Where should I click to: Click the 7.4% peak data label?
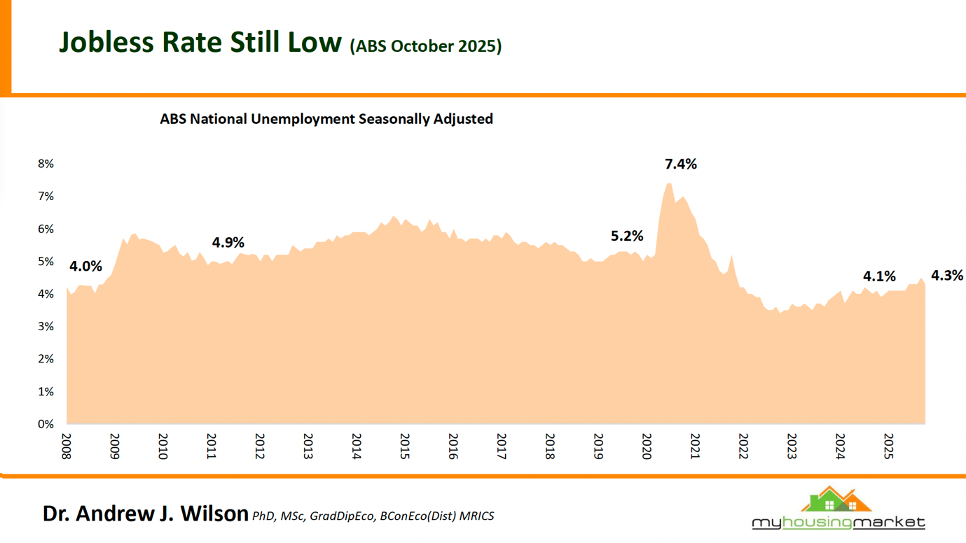[x=680, y=164]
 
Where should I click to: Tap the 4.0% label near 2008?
[x=85, y=267]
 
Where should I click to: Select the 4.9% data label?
[x=228, y=243]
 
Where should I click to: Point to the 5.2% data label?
[x=626, y=237]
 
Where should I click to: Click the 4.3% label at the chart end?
[x=946, y=276]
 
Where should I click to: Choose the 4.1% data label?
[x=878, y=276]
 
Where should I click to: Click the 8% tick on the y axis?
[x=46, y=164]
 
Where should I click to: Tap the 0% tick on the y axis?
[x=46, y=424]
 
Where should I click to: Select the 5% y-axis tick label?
[x=46, y=262]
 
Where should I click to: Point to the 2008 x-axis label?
[x=67, y=446]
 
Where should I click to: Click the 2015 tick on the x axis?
[x=405, y=446]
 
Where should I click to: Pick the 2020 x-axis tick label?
[x=647, y=446]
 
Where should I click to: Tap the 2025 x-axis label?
[x=888, y=446]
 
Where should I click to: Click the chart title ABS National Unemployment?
[x=326, y=119]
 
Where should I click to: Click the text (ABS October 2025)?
[x=425, y=46]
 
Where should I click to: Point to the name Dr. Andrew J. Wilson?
[x=145, y=514]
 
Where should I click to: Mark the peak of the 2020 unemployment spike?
[x=669, y=183]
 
